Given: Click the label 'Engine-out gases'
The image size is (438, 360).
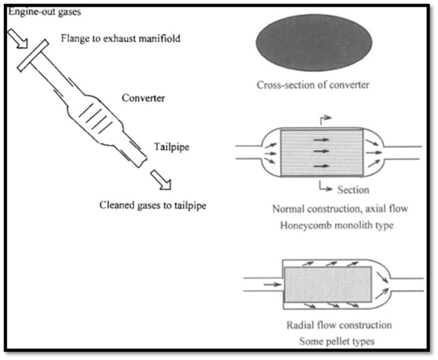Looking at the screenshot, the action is [x=44, y=12].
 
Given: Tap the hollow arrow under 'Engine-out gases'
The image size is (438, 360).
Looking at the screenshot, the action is [x=18, y=38].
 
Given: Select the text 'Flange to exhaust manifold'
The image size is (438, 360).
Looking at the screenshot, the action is [x=120, y=38].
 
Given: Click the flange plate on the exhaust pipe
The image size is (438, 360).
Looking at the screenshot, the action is [x=33, y=55].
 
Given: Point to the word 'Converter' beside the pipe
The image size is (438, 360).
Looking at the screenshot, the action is [x=144, y=98].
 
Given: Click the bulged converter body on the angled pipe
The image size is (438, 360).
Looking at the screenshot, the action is [x=96, y=119].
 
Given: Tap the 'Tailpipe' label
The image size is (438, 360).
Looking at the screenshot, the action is [x=172, y=147].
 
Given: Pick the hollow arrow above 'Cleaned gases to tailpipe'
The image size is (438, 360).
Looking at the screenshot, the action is [x=161, y=180].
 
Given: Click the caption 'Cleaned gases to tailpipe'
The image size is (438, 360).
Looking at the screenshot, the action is [x=153, y=206].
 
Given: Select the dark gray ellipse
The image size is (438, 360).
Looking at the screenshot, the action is [x=314, y=43].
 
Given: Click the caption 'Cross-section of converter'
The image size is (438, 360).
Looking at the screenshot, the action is [x=313, y=85].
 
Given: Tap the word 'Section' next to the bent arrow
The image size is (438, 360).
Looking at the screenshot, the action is [x=353, y=190].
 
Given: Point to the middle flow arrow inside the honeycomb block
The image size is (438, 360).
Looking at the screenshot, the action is [x=321, y=151].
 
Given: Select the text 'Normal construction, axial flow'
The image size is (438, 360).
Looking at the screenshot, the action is [x=340, y=209].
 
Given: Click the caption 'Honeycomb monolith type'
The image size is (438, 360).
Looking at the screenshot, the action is [x=337, y=225].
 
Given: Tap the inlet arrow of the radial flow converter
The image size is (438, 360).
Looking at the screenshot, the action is [x=273, y=285].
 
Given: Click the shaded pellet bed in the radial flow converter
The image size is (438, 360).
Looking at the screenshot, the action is [x=328, y=285].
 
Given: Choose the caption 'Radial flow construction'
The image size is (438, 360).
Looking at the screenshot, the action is [x=339, y=325].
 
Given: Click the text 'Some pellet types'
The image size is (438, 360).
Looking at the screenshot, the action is [x=337, y=341].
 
